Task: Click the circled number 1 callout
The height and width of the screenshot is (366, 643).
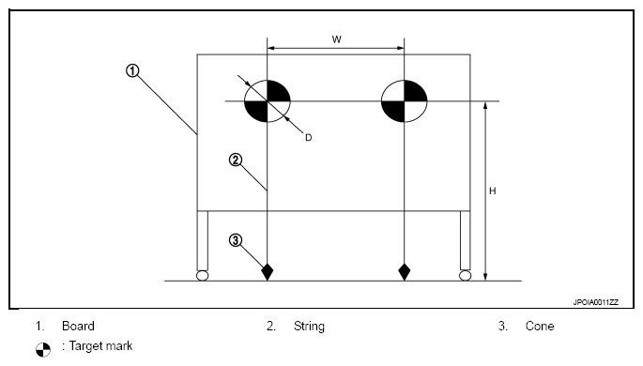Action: tap(132, 71)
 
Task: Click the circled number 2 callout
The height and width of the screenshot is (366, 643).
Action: tap(235, 160)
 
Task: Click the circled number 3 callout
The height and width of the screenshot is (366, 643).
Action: tap(235, 240)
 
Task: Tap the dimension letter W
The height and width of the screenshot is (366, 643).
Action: tap(337, 39)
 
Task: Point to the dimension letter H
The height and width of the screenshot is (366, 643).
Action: tap(493, 191)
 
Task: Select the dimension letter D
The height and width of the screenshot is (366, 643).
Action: tap(309, 138)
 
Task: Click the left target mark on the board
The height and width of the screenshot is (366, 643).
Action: tap(268, 100)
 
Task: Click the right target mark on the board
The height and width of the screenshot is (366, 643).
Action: tap(405, 100)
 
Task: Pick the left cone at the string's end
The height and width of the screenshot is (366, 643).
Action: tap(268, 272)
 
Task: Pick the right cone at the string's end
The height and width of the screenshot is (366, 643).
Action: tap(405, 272)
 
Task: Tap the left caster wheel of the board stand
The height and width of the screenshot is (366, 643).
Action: tap(202, 275)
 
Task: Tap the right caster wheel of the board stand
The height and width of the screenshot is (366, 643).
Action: tap(465, 275)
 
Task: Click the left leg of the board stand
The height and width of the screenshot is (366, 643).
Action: tap(203, 240)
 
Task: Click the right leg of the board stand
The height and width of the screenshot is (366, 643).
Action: tap(465, 240)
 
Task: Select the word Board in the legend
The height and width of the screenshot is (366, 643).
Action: tap(78, 326)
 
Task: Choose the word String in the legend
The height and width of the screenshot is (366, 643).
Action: tap(309, 327)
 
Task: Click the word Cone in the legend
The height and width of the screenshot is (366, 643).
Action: tap(540, 326)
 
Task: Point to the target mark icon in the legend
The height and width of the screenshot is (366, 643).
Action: tap(43, 350)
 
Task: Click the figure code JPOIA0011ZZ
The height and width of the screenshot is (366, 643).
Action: tap(595, 302)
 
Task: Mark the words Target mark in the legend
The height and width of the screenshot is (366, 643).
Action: tap(100, 346)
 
